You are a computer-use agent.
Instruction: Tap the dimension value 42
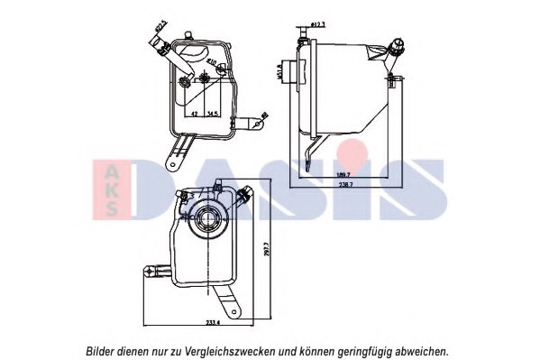point(195,115)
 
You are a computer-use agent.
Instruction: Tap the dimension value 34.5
point(213,115)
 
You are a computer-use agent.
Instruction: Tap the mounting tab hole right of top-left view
point(262,115)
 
